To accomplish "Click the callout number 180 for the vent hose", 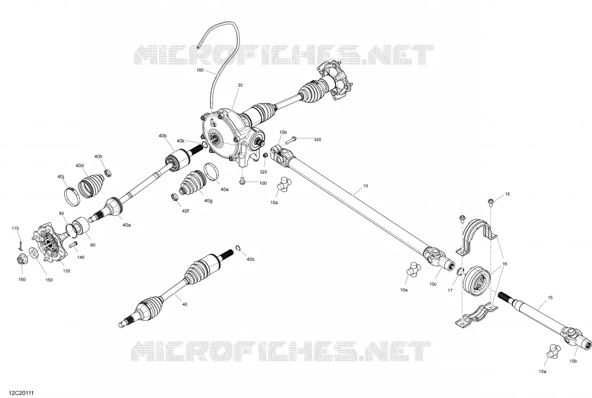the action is [200, 70].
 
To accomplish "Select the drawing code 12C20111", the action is [19, 394].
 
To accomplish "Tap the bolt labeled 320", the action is [291, 141].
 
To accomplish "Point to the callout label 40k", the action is [181, 141].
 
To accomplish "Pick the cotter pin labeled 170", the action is [21, 244].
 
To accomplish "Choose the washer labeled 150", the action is [33, 252].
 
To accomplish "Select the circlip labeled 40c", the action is [238, 248].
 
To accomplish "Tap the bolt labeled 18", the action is [491, 201].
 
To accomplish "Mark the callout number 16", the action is [505, 264].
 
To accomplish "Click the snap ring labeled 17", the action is [461, 272].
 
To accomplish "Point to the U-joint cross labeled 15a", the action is [553, 351].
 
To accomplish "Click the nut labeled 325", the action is [265, 155].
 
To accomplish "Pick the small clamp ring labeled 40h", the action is [108, 173].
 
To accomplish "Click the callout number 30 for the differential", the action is [240, 85].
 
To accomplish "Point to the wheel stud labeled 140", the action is [74, 244].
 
